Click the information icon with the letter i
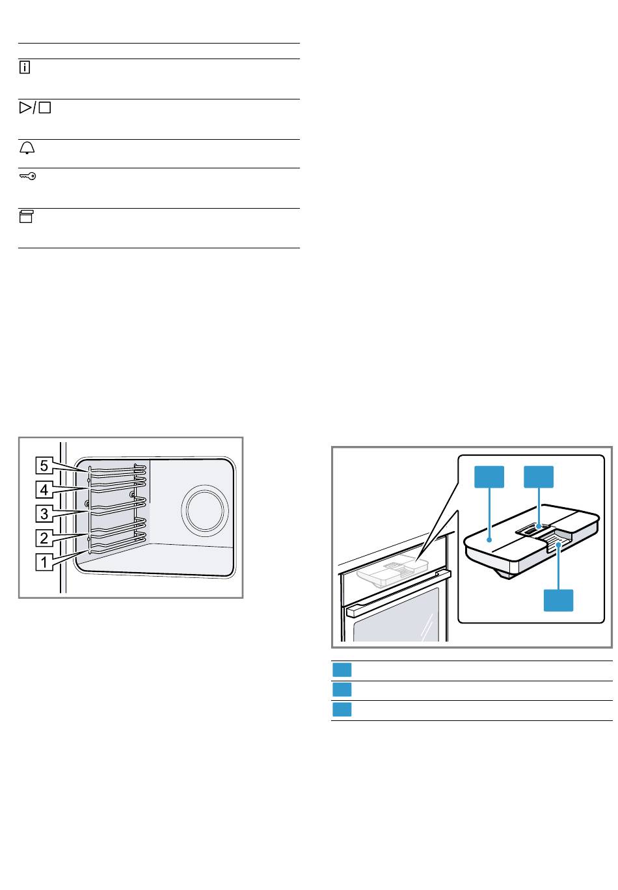tap(25, 68)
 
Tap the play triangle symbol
tap(25, 109)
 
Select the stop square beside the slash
tap(44, 109)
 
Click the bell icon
tap(27, 148)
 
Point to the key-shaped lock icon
tap(27, 176)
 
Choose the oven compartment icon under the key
tap(25, 217)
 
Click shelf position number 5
tap(44, 465)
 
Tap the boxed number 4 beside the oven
tap(44, 490)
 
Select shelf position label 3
tap(44, 514)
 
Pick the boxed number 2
tap(44, 538)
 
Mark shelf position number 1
tap(44, 562)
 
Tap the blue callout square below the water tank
tap(559, 599)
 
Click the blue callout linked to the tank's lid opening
tap(539, 477)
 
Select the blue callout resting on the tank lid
tap(489, 477)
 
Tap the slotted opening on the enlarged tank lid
tap(533, 530)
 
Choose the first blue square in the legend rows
tap(342, 670)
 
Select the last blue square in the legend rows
tap(342, 710)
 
